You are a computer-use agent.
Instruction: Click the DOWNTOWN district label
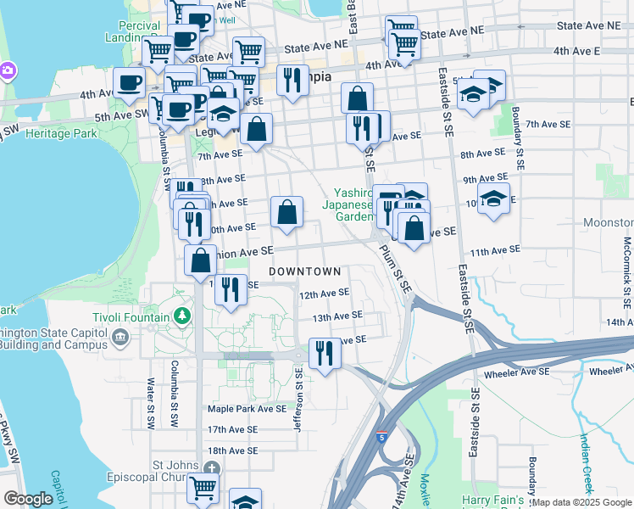click(x=305, y=271)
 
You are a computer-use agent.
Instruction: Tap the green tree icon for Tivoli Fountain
click(x=181, y=316)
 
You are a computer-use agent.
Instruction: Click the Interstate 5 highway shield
click(x=380, y=435)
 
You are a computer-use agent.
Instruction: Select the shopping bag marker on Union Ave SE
click(x=201, y=260)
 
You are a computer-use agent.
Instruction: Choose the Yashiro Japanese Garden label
click(x=348, y=204)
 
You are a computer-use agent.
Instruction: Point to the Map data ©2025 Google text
click(x=581, y=502)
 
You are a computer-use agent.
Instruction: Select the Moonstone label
click(x=608, y=222)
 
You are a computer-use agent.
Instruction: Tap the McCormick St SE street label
click(x=627, y=271)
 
